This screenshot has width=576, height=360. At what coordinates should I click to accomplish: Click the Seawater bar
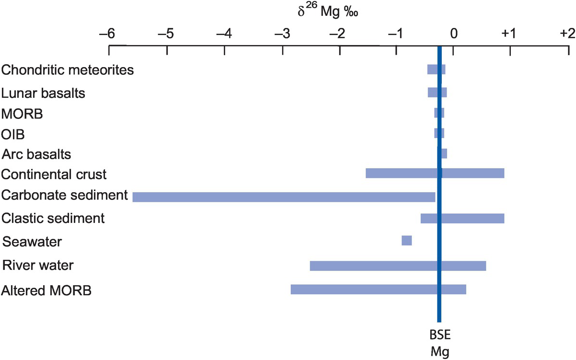406,241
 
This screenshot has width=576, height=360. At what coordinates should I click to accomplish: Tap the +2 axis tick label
567,35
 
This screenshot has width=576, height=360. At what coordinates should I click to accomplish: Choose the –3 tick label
282,35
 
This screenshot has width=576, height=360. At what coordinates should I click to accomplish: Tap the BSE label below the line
438,334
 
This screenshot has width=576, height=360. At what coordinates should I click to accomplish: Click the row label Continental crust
54,174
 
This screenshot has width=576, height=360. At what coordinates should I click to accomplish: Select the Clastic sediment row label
53,219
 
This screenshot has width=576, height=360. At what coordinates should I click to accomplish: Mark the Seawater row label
32,241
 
